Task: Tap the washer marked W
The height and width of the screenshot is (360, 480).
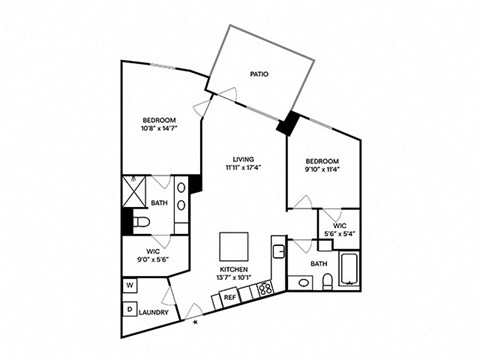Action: pos(130,285)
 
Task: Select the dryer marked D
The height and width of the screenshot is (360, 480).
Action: pos(130,308)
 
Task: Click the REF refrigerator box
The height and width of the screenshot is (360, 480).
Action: pos(230,297)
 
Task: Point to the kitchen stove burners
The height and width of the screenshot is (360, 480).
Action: pos(266,289)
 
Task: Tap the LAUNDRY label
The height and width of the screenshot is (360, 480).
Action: pos(152,311)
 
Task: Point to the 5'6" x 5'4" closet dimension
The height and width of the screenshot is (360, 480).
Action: pos(340,234)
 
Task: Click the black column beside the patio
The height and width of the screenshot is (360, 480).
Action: pos(289,123)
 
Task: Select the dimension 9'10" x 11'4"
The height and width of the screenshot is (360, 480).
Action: pos(322,169)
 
